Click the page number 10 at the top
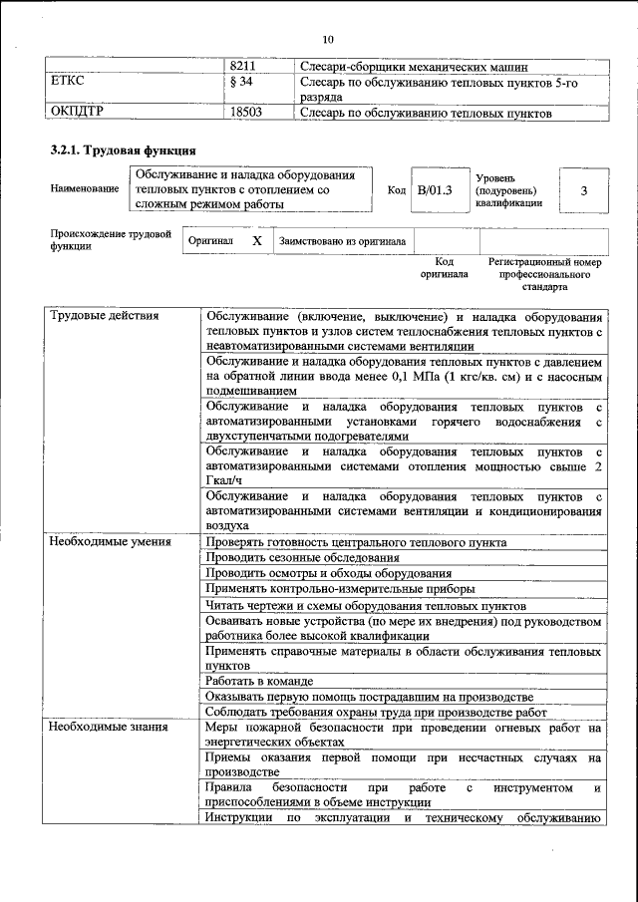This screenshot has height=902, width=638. pos(329,39)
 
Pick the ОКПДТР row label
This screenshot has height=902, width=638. pos(78,114)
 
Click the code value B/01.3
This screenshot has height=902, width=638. pos(434,188)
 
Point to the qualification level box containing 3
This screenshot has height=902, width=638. pos(583,188)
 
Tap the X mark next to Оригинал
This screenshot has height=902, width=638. pos(256,241)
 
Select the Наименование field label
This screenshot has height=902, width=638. pos(80,188)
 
